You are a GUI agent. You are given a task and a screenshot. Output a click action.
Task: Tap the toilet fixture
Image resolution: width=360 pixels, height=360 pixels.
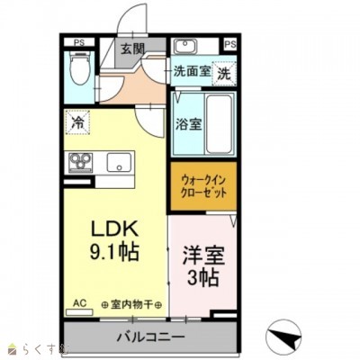tap(78, 73)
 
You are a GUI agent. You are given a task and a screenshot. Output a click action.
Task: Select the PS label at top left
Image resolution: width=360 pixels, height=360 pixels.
tap(78, 41)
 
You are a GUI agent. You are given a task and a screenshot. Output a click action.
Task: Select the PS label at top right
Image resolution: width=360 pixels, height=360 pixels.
tap(229, 42)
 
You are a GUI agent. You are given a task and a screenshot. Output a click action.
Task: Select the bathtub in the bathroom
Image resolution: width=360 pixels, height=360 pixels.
tap(219, 123)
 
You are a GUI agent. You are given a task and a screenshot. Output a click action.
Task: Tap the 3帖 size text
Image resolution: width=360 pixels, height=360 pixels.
tap(203, 279)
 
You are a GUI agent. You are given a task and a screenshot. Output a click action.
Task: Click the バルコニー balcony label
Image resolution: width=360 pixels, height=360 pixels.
tap(150, 338)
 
